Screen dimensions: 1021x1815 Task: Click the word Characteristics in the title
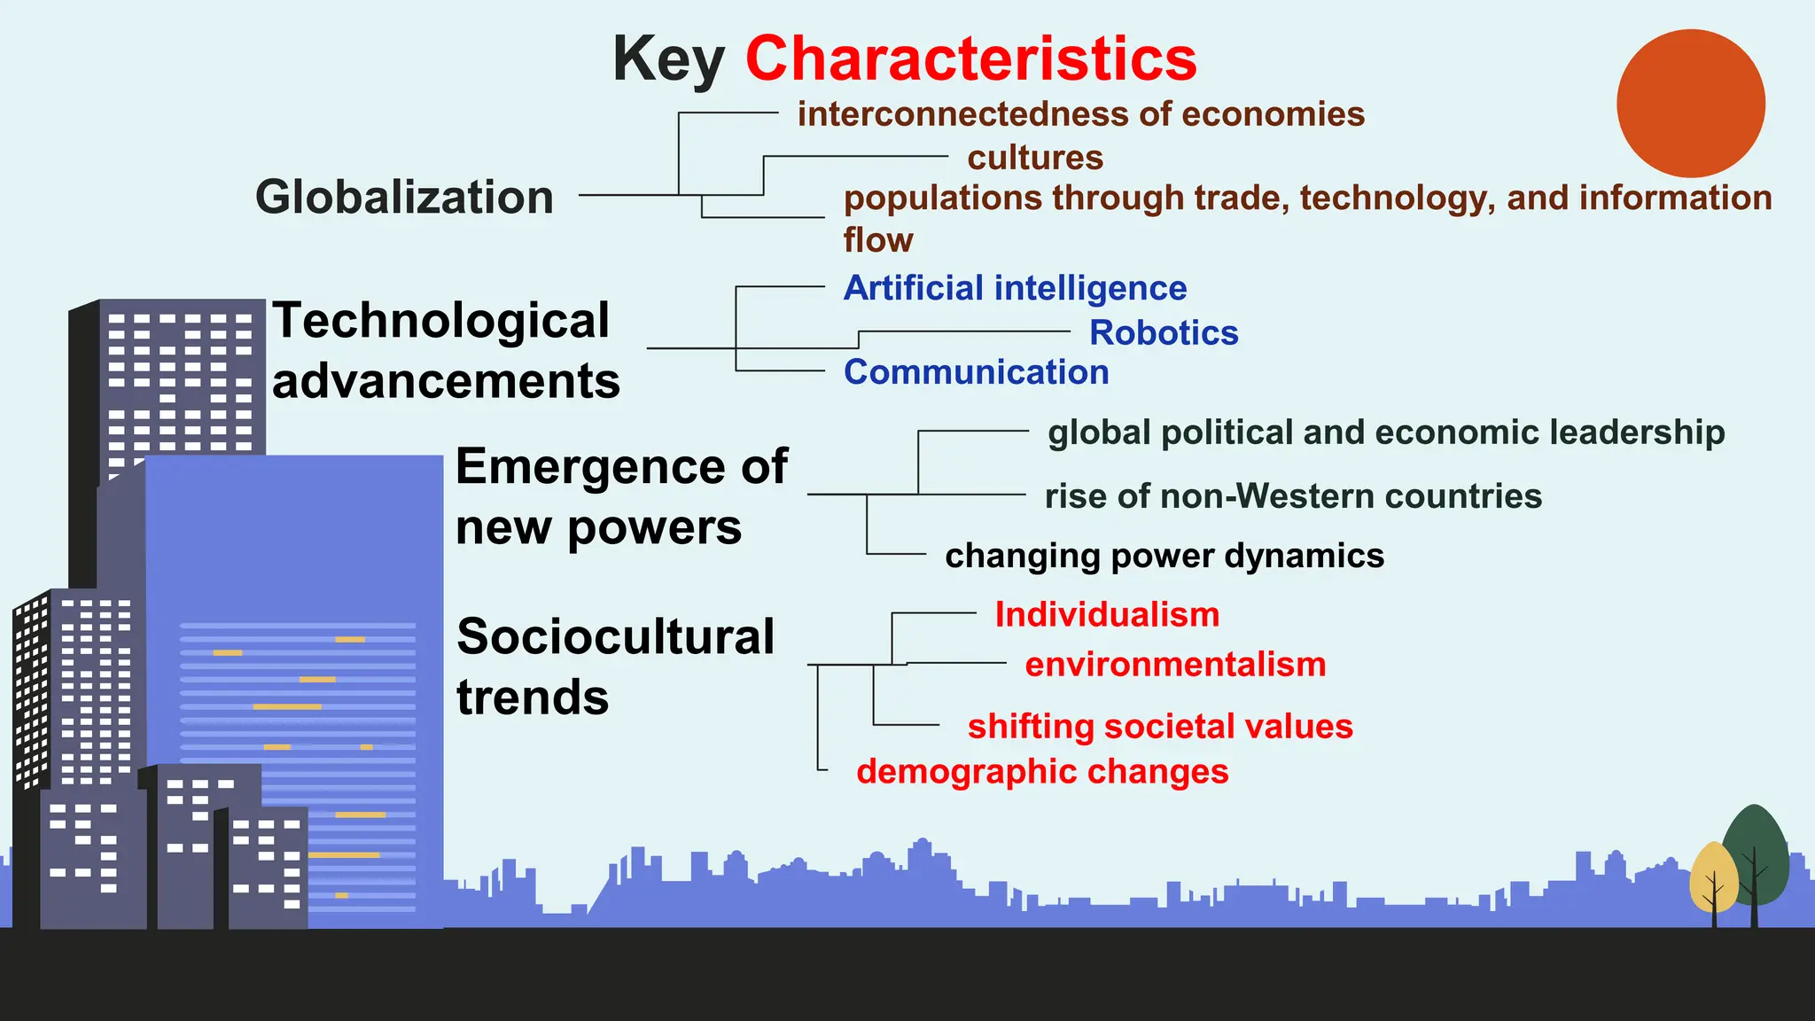970,58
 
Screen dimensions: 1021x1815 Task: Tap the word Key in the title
668,58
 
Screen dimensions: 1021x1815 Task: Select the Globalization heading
404,197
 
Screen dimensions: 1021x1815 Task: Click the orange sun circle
1690,103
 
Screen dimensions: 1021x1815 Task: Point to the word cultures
1035,158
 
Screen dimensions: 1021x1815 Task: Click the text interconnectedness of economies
1080,114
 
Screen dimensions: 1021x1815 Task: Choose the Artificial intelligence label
1015,288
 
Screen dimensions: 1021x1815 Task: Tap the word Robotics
1164,332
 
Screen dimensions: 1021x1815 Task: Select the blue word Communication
976,372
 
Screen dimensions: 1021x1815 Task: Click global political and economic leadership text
1386,433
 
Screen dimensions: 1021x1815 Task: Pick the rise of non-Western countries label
1293,496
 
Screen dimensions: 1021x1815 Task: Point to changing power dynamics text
1164,556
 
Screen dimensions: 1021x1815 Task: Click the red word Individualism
1107,614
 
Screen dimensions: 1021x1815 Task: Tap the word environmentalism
1175,665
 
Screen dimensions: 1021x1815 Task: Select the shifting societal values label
1160,727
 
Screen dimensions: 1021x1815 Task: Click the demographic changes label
1042,772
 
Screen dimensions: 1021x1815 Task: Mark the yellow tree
1713,877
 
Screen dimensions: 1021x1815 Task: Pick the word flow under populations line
877,240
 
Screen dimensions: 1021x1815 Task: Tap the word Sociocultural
615,636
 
